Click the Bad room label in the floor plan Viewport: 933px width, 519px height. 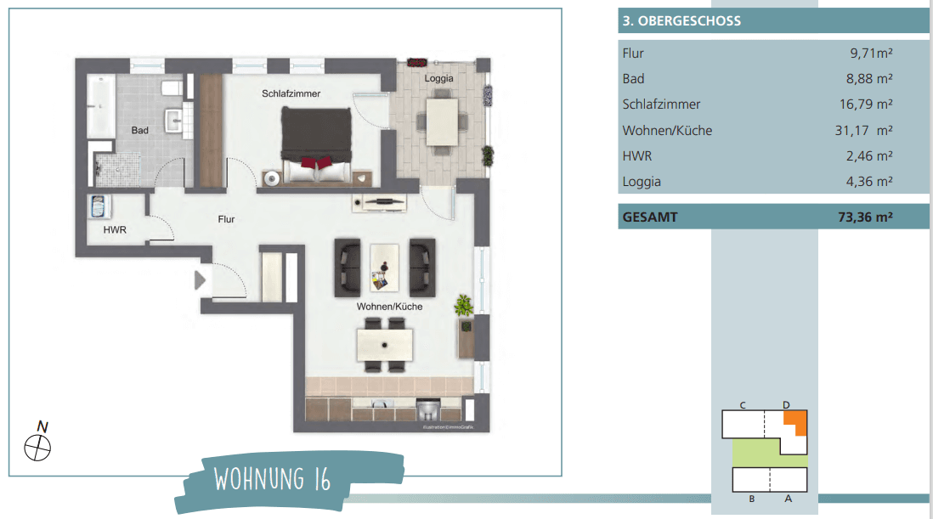[140, 131]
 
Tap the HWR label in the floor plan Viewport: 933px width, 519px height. [115, 229]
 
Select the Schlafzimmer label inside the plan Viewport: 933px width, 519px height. [291, 93]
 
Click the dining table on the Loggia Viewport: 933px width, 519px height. [441, 121]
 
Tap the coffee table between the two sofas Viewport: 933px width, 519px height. [385, 267]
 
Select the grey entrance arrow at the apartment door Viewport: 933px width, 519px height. [201, 279]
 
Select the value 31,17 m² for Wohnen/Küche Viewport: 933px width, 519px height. [863, 131]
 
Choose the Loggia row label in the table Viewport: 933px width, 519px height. [642, 182]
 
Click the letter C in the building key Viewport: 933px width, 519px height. [743, 405]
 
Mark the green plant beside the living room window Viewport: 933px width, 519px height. [463, 304]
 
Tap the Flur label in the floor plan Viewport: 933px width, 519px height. [226, 219]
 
